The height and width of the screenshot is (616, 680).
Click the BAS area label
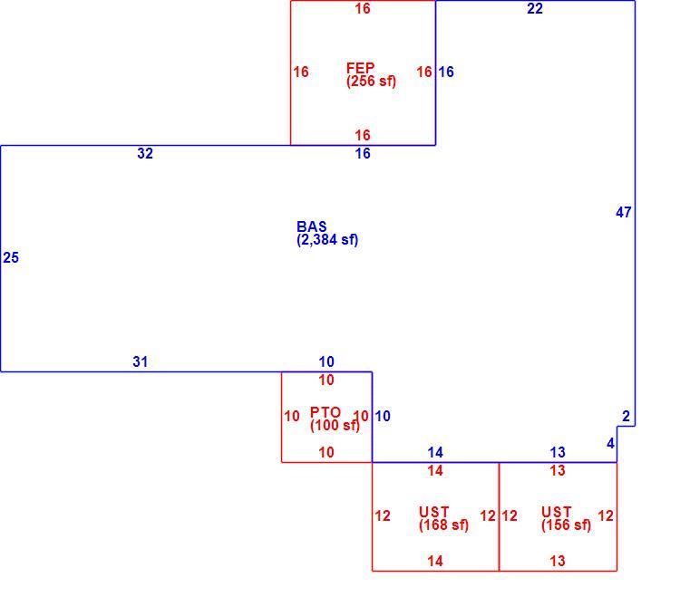[311, 226]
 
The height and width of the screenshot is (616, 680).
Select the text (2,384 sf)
[327, 239]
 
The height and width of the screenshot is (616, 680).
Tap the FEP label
[360, 68]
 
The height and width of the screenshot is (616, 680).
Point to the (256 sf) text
[371, 81]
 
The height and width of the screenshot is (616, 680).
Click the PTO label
[325, 412]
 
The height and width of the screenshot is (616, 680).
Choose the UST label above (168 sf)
[433, 512]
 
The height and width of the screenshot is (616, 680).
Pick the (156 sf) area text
[566, 525]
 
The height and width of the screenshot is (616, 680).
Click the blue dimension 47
[623, 212]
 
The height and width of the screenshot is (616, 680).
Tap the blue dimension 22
[535, 9]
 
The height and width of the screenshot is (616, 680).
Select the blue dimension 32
[145, 153]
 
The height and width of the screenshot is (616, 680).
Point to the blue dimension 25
[11, 258]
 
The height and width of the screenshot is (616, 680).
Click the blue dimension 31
[140, 361]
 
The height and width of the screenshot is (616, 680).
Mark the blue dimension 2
[626, 417]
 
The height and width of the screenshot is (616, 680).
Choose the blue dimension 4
[610, 443]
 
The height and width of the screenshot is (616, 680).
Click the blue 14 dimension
[435, 453]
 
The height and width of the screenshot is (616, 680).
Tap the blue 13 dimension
[558, 453]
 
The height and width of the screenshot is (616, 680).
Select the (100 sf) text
[335, 425]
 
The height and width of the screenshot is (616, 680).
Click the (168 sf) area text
[443, 525]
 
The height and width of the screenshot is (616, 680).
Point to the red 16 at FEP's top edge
[363, 9]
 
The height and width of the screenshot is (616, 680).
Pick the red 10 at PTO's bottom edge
[326, 453]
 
